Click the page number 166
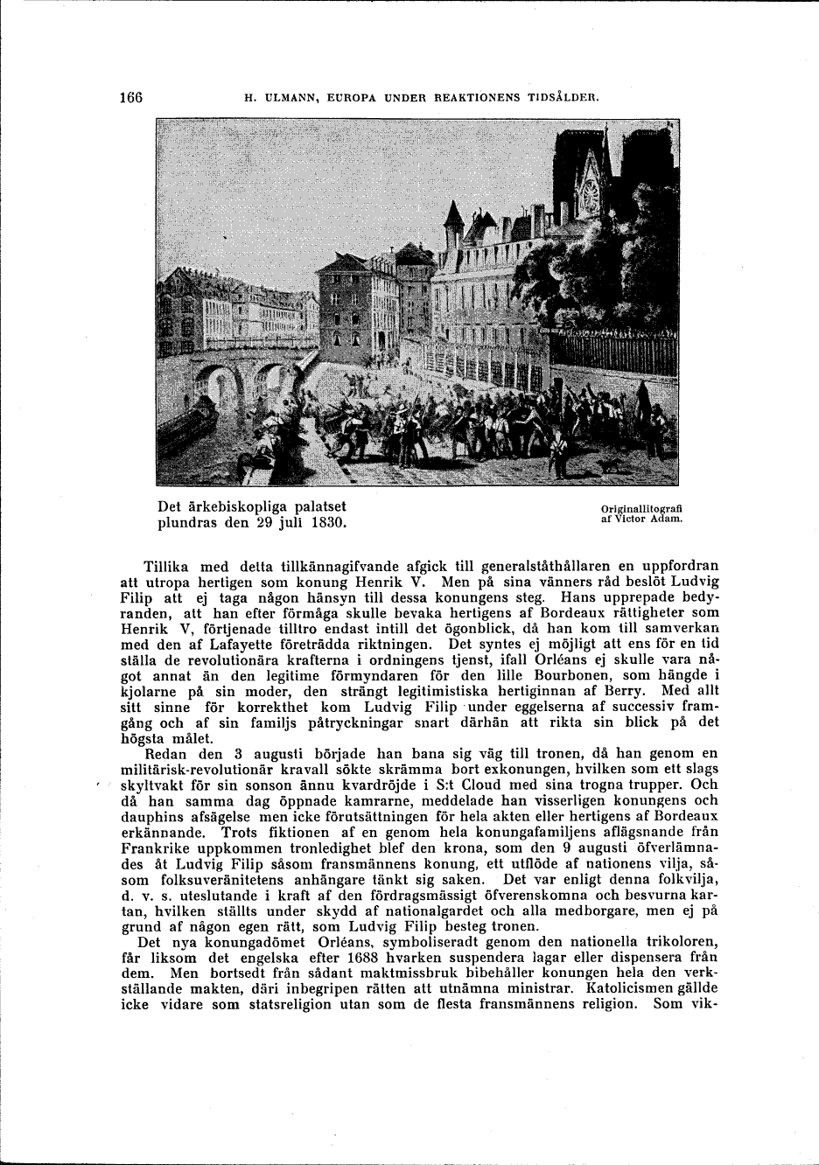click(130, 97)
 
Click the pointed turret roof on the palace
click(452, 216)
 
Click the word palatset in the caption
click(317, 506)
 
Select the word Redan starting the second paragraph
click(164, 753)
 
